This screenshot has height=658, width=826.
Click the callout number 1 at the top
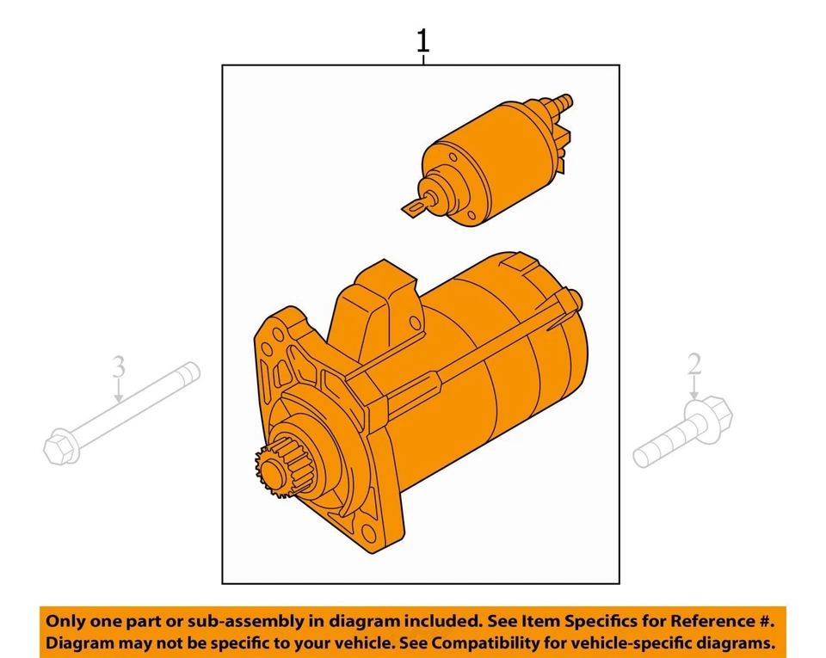(422, 40)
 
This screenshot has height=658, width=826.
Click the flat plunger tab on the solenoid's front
(416, 206)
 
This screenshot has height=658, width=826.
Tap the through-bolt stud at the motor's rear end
(576, 298)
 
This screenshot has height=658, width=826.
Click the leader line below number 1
(422, 59)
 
